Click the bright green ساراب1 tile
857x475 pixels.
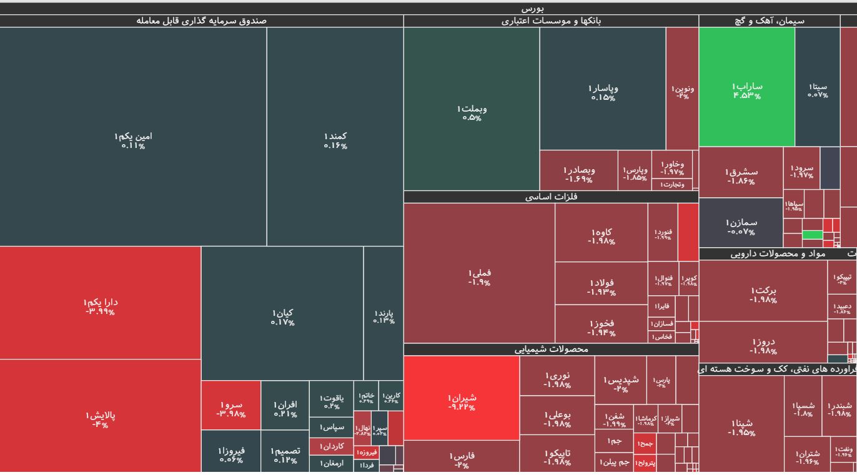point(746,87)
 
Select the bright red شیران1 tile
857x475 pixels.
point(461,398)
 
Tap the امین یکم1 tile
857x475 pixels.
point(133,137)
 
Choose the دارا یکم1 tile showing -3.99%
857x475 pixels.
point(101,303)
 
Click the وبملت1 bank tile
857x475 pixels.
point(472,109)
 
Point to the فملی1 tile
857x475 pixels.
point(479,273)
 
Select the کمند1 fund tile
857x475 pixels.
point(335,137)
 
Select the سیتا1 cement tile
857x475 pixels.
point(817,87)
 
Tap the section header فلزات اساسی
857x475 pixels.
point(550,197)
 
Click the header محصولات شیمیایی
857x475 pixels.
point(551,350)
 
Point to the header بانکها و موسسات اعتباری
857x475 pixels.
point(551,21)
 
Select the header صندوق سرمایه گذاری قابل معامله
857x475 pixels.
point(201,21)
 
